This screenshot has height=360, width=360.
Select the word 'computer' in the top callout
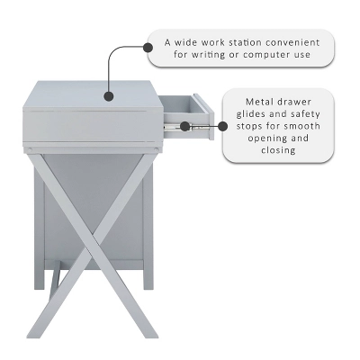click(263, 55)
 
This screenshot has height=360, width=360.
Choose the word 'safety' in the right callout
click(295, 113)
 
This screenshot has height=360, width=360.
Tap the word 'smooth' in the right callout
click(290, 126)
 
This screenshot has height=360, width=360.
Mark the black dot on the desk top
click(108, 93)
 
